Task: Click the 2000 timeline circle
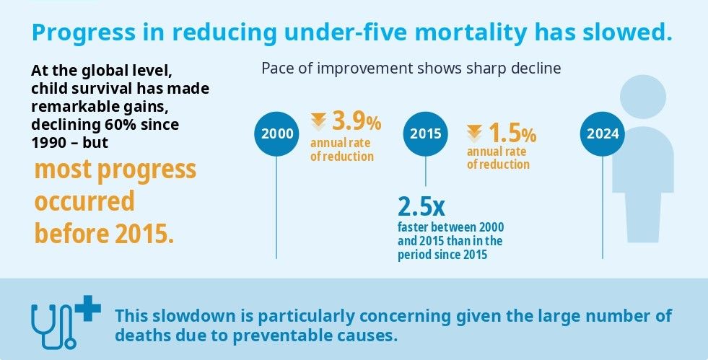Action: tap(276, 133)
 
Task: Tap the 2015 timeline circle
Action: tap(425, 133)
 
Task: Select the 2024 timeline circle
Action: tap(603, 133)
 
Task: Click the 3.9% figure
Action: tap(357, 122)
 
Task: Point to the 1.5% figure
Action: tap(512, 133)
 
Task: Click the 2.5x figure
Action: tap(421, 206)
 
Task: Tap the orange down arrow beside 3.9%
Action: tap(319, 122)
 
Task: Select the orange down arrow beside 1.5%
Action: tap(475, 133)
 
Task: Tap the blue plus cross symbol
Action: tap(88, 308)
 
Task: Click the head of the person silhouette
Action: tap(643, 97)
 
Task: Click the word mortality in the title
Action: tap(457, 32)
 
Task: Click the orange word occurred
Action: tap(84, 201)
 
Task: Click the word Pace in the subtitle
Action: tap(276, 69)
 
